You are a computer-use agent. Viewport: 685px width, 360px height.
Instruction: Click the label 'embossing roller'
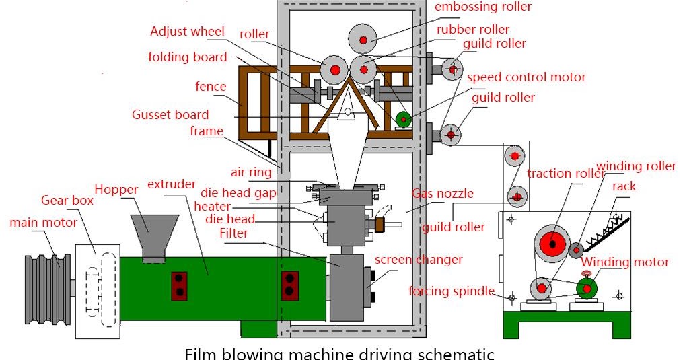coord(483,7)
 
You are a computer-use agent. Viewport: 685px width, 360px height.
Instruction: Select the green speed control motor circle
coord(403,120)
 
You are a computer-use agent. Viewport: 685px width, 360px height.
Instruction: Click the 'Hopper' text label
coord(116,189)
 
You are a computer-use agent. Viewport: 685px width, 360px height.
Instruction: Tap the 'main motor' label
coord(43,222)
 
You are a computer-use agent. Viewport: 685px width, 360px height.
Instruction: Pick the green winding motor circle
coord(587,288)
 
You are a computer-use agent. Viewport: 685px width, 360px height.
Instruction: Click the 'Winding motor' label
coord(626,262)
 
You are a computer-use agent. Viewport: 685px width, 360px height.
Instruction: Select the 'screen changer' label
coord(419,260)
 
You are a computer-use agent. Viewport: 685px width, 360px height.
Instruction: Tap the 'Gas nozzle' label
coord(443,194)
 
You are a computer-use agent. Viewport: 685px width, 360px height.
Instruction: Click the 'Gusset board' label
coord(170,114)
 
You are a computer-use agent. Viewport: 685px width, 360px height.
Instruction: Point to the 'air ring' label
coord(251,172)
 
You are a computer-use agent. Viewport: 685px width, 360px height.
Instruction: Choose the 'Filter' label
coord(233,233)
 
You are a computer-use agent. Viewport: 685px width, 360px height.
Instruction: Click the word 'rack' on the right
coord(624,186)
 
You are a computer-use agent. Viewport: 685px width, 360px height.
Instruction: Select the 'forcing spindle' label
coord(451,291)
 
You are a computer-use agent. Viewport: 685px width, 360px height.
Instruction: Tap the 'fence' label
coord(211,86)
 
